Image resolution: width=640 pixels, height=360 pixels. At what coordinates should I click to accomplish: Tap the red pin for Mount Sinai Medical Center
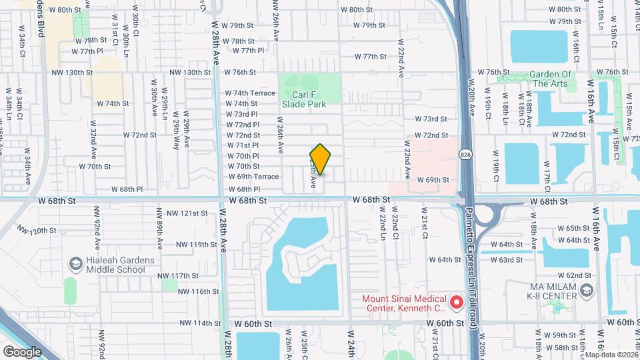pyautogui.click(x=457, y=303)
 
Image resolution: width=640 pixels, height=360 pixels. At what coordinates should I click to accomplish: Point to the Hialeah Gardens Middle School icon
pyautogui.click(x=75, y=265)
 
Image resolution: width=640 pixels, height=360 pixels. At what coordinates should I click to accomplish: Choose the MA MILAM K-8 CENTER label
pyautogui.click(x=540, y=290)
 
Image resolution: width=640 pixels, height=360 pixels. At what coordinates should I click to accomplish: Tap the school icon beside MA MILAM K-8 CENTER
pyautogui.click(x=586, y=290)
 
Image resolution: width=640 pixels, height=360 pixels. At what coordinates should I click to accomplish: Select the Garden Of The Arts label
pyautogui.click(x=551, y=79)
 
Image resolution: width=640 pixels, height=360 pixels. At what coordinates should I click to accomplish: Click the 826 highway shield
pyautogui.click(x=465, y=155)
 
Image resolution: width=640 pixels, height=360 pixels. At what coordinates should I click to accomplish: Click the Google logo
pyautogui.click(x=22, y=351)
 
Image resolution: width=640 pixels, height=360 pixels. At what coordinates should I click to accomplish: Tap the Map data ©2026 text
pyautogui.click(x=612, y=355)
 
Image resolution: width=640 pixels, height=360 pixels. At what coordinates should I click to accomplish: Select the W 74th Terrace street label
pyautogui.click(x=250, y=93)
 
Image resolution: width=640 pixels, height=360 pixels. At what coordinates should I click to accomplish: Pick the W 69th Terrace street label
pyautogui.click(x=253, y=177)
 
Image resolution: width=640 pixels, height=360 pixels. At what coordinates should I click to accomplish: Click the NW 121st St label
pyautogui.click(x=188, y=213)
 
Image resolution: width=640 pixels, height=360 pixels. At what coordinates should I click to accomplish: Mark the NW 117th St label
pyautogui.click(x=179, y=276)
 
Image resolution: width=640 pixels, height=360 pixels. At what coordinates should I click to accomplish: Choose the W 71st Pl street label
pyautogui.click(x=243, y=145)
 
